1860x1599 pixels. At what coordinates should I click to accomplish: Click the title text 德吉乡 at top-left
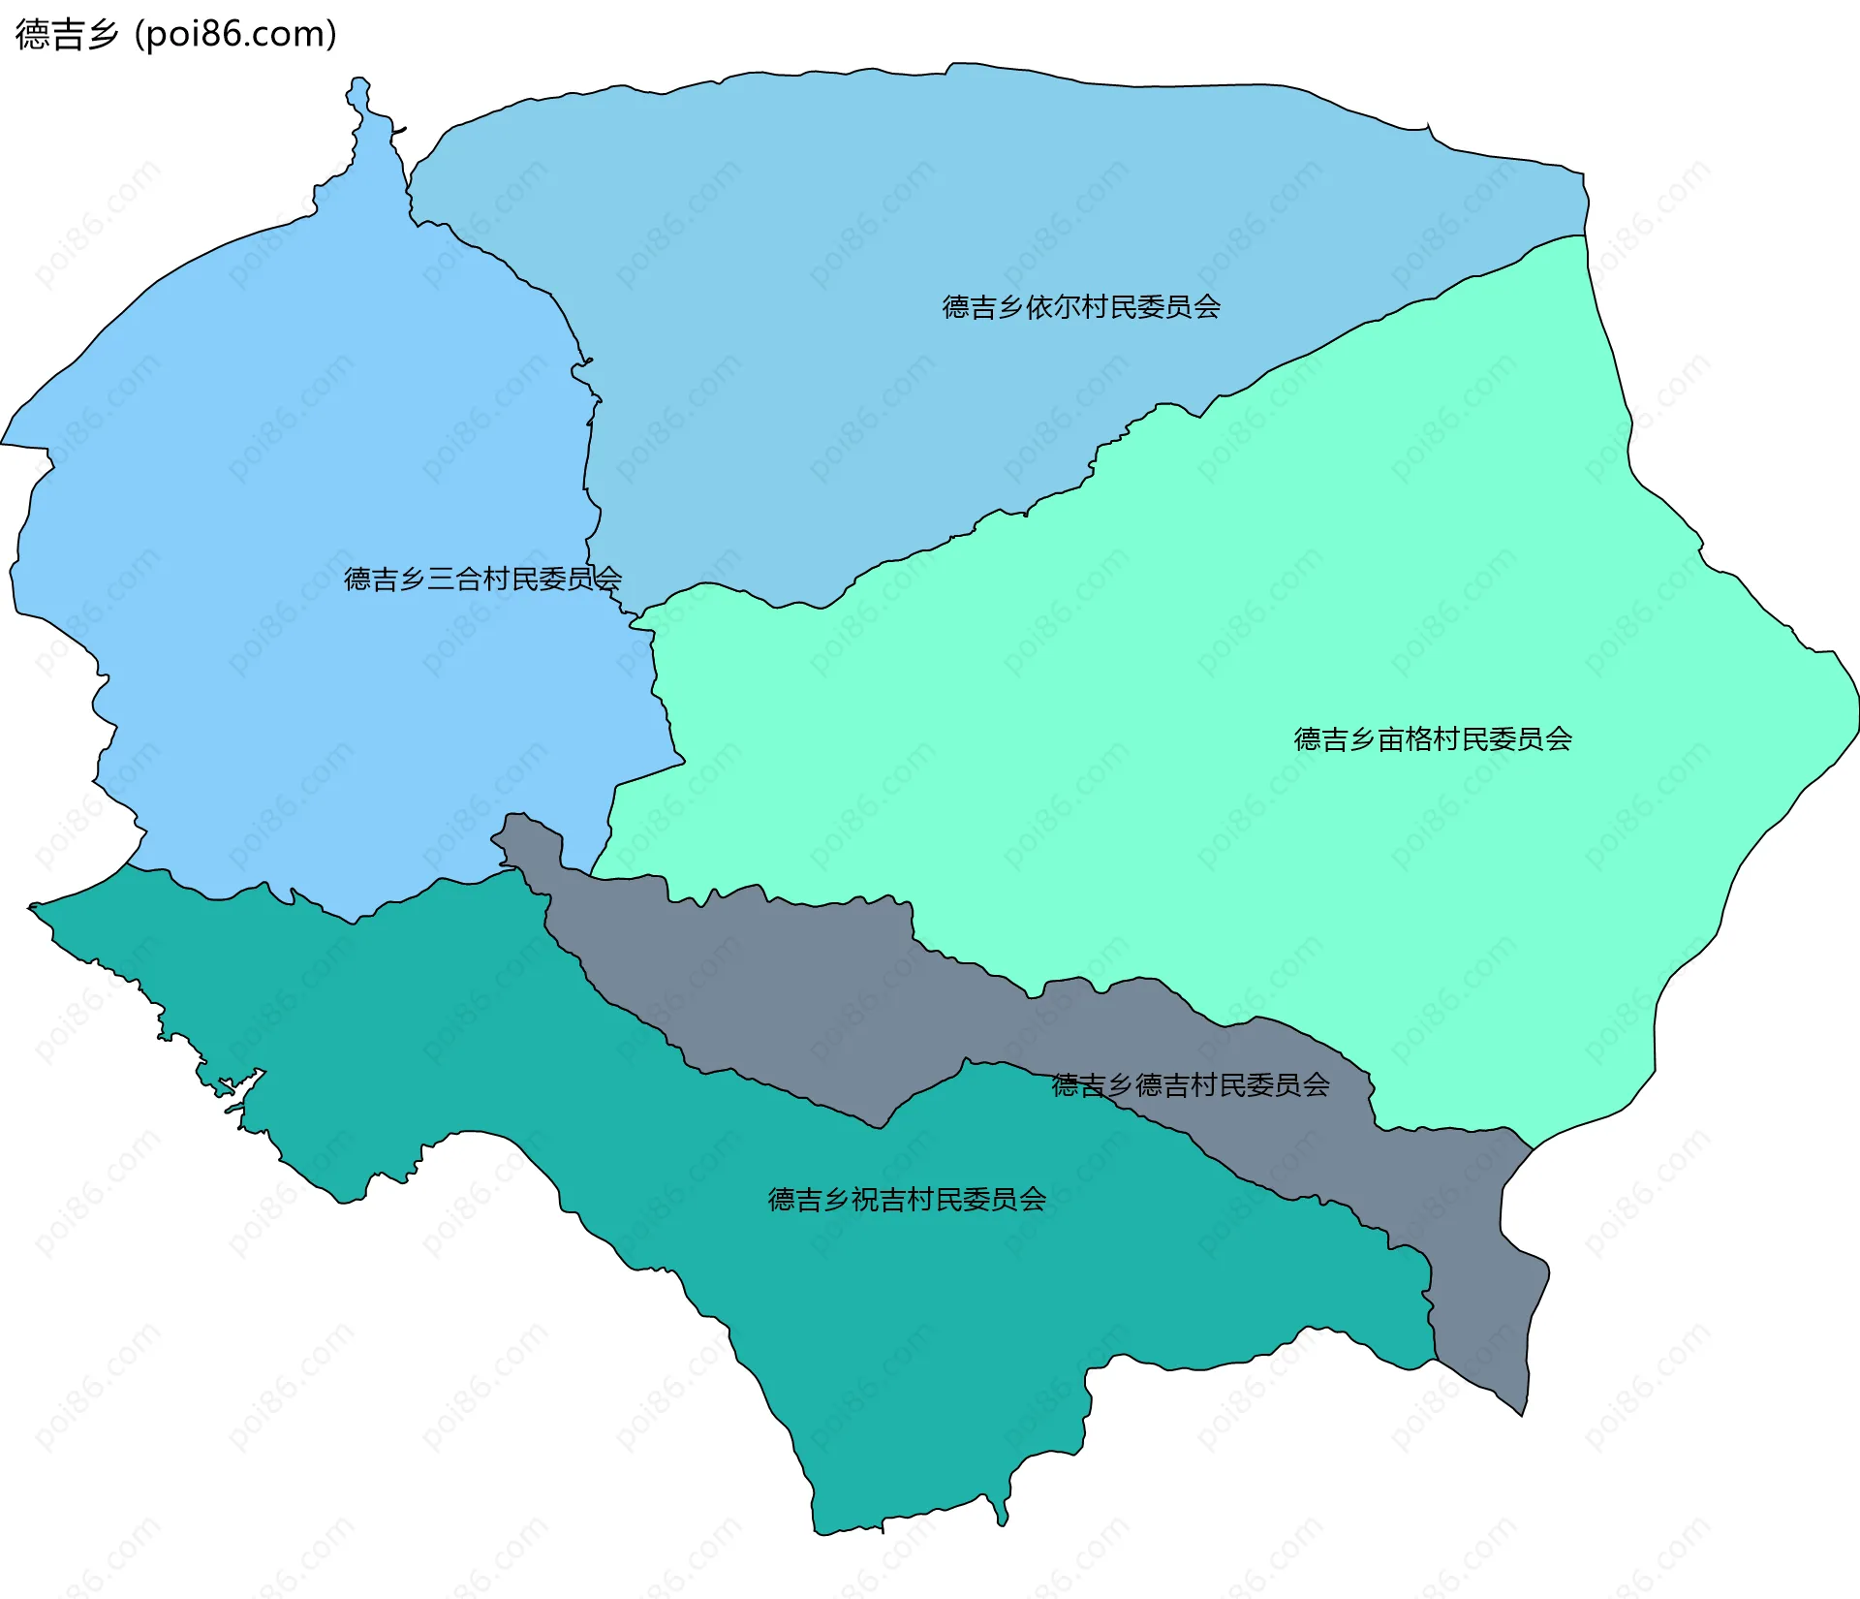(66, 35)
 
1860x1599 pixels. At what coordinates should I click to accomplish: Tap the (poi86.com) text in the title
(235, 35)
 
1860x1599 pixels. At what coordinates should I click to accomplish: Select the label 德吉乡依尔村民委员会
(1080, 307)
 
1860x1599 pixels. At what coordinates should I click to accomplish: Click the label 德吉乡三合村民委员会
(482, 580)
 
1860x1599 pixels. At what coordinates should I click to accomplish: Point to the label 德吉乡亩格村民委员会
(1432, 739)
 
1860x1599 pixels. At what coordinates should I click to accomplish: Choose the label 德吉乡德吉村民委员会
(1190, 1085)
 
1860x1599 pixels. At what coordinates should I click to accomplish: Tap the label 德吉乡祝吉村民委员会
(906, 1200)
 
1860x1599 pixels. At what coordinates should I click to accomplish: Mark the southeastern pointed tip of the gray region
(1522, 1411)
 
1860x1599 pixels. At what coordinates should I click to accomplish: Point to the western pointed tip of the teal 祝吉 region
(35, 908)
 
